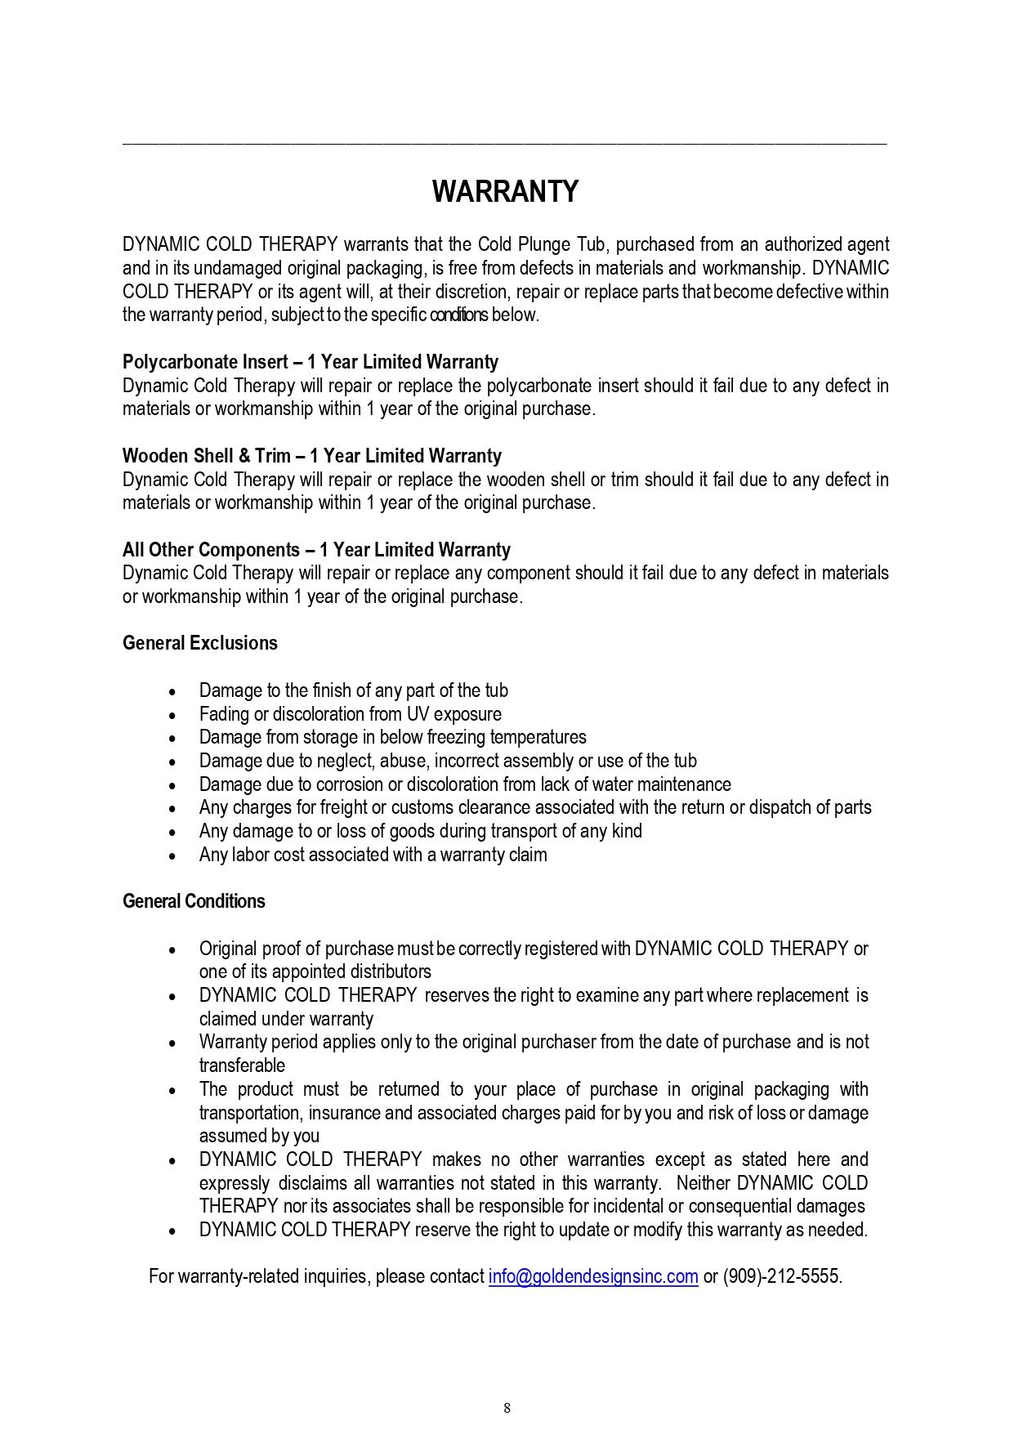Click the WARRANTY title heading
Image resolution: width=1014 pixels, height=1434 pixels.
505,192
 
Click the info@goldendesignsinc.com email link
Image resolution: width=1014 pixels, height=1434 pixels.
593,1276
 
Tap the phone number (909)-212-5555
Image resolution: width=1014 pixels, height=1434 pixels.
781,1276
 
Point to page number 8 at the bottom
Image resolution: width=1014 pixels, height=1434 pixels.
507,1407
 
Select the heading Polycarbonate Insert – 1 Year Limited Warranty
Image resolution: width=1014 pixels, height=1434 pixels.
310,362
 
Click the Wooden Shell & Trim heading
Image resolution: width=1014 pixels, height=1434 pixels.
312,456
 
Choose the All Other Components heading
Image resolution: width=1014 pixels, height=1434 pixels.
316,550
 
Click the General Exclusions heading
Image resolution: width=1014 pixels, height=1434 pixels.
200,643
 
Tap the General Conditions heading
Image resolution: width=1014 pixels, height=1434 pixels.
194,901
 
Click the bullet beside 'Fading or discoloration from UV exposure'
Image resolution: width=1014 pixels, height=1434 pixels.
172,715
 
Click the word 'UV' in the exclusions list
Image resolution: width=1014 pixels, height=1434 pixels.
418,714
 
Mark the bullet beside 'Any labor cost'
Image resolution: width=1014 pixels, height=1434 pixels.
172,855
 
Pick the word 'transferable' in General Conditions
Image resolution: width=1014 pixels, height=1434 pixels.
242,1065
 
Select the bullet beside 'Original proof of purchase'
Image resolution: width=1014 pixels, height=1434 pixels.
172,949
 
